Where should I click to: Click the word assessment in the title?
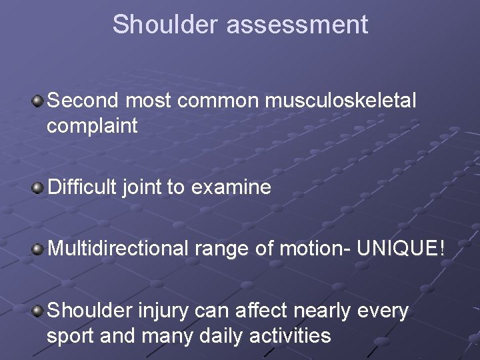point(297,24)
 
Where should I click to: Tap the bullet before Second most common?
point(38,101)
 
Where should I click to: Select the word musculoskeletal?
point(340,101)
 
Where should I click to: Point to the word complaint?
point(92,126)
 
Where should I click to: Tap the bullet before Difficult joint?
point(38,188)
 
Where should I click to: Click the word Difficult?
point(83,188)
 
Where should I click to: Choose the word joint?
point(142,188)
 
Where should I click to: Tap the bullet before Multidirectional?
point(38,249)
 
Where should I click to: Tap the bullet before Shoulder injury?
point(38,310)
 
